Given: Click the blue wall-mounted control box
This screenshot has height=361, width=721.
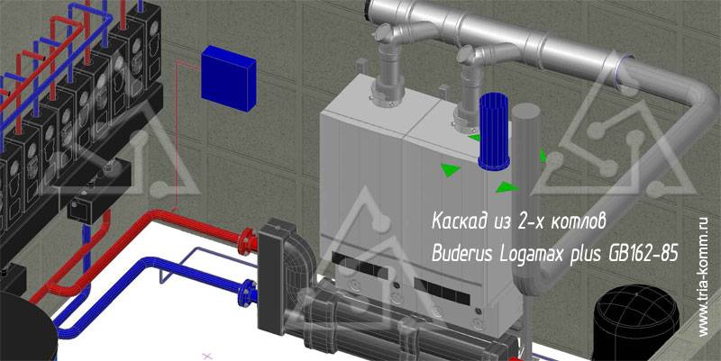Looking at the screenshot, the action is click(x=229, y=78).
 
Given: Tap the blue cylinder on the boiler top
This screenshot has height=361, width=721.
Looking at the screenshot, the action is click(x=494, y=131).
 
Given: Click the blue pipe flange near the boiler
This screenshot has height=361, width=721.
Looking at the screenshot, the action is click(x=249, y=293).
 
